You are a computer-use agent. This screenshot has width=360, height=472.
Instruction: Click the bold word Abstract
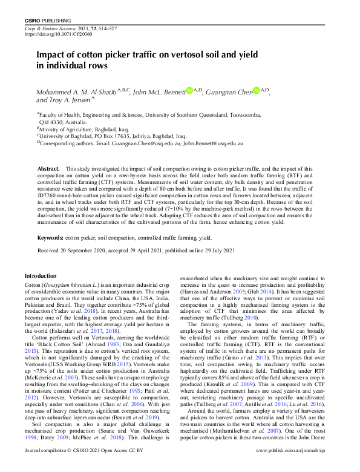point(48,168)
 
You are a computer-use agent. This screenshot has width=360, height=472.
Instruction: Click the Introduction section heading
point(40,275)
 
